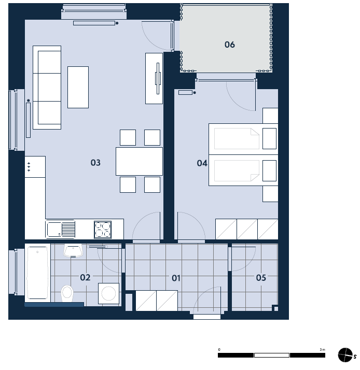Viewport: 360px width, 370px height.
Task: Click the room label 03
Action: (95, 163)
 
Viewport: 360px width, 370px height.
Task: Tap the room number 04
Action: (202, 163)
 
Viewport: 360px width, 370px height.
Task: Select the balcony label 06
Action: (230, 45)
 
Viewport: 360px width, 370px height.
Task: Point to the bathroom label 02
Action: (85, 277)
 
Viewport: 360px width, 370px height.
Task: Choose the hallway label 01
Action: (176, 278)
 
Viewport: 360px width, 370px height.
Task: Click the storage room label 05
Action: (261, 278)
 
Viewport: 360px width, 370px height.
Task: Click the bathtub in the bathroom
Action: (37, 273)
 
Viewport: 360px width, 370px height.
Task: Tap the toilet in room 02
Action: (67, 293)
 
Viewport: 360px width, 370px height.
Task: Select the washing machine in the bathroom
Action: (108, 293)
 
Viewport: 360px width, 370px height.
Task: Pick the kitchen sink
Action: (61, 230)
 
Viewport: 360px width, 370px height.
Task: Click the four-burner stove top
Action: (103, 230)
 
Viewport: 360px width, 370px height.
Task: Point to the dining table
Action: (139, 161)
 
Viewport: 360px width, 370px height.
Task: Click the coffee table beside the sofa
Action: (78, 87)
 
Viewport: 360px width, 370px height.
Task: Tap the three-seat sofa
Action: (47, 88)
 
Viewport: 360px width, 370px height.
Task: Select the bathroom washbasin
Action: (73, 251)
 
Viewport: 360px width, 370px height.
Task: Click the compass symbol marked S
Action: (345, 355)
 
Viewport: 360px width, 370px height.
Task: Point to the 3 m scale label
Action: (323, 349)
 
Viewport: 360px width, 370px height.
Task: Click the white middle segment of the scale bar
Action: (272, 355)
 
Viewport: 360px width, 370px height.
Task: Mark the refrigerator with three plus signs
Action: (35, 166)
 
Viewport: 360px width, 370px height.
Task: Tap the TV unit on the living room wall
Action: (154, 78)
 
